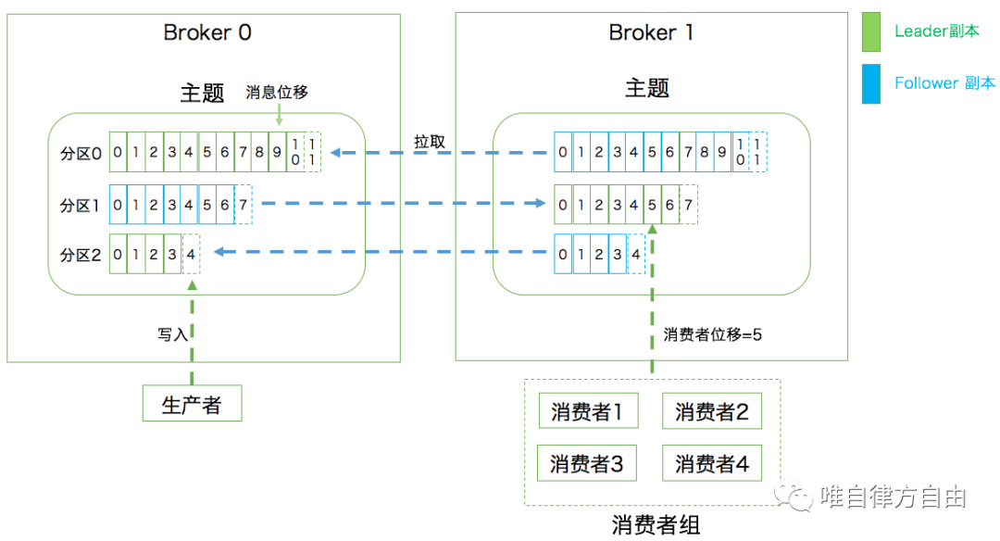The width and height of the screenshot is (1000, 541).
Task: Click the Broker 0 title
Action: [x=207, y=32]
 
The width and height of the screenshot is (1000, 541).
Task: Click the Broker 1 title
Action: [x=651, y=32]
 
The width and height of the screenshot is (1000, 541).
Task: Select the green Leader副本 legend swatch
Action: [x=870, y=31]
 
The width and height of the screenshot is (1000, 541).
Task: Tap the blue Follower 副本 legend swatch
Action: [x=870, y=83]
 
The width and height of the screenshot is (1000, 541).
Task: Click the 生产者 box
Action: [x=192, y=404]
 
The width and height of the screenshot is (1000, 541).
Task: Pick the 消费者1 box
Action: [x=588, y=411]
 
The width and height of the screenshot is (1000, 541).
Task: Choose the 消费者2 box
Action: [x=711, y=411]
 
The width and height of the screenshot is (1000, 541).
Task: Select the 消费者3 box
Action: [x=588, y=463]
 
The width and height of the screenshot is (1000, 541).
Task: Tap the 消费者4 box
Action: [x=711, y=463]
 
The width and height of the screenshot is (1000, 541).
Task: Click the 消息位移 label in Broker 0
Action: [x=277, y=93]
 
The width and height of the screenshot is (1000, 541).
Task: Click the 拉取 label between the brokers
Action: [x=430, y=142]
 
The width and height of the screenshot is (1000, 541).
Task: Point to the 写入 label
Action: [x=172, y=334]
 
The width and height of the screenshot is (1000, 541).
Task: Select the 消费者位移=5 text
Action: [x=712, y=334]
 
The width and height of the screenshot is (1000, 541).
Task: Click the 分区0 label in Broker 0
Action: [x=81, y=153]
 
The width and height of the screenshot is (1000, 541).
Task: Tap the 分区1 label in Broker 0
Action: [x=81, y=204]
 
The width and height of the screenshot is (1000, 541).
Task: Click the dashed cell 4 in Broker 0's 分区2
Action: [x=191, y=254]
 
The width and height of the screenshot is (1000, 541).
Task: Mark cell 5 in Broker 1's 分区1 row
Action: [x=653, y=204]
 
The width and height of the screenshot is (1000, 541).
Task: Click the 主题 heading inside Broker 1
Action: [x=647, y=89]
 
